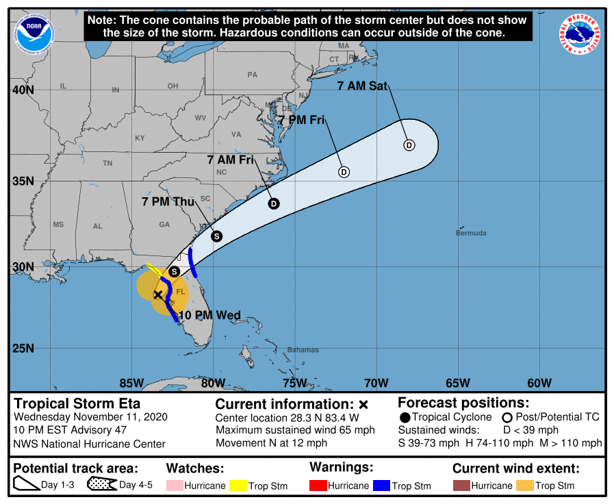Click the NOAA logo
[x=31, y=32]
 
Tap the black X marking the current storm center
[x=157, y=294]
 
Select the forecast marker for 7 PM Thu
[x=216, y=236]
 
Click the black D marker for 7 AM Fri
[x=274, y=203]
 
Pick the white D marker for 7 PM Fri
[x=344, y=172]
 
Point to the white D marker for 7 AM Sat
[x=409, y=145]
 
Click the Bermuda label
[x=471, y=234]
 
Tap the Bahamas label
[x=303, y=350]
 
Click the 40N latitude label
[x=23, y=90]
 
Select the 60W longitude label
[x=539, y=382]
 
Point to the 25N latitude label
[x=23, y=349]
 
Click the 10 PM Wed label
[x=209, y=316]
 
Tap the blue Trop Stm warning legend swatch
[x=381, y=486]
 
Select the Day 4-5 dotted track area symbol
[x=101, y=485]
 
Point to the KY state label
[x=140, y=138]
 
